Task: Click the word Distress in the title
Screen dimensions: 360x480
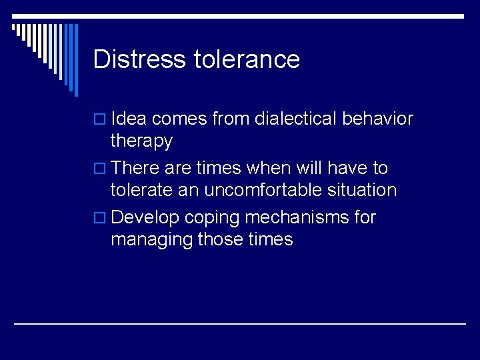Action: (140, 59)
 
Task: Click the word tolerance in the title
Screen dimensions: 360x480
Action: (247, 59)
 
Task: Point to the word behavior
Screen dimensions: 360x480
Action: (378, 119)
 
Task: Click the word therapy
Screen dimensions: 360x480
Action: (141, 141)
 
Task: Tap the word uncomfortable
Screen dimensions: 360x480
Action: (279, 190)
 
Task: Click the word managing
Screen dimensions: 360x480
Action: (151, 239)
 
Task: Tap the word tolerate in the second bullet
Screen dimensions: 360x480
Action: (141, 190)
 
